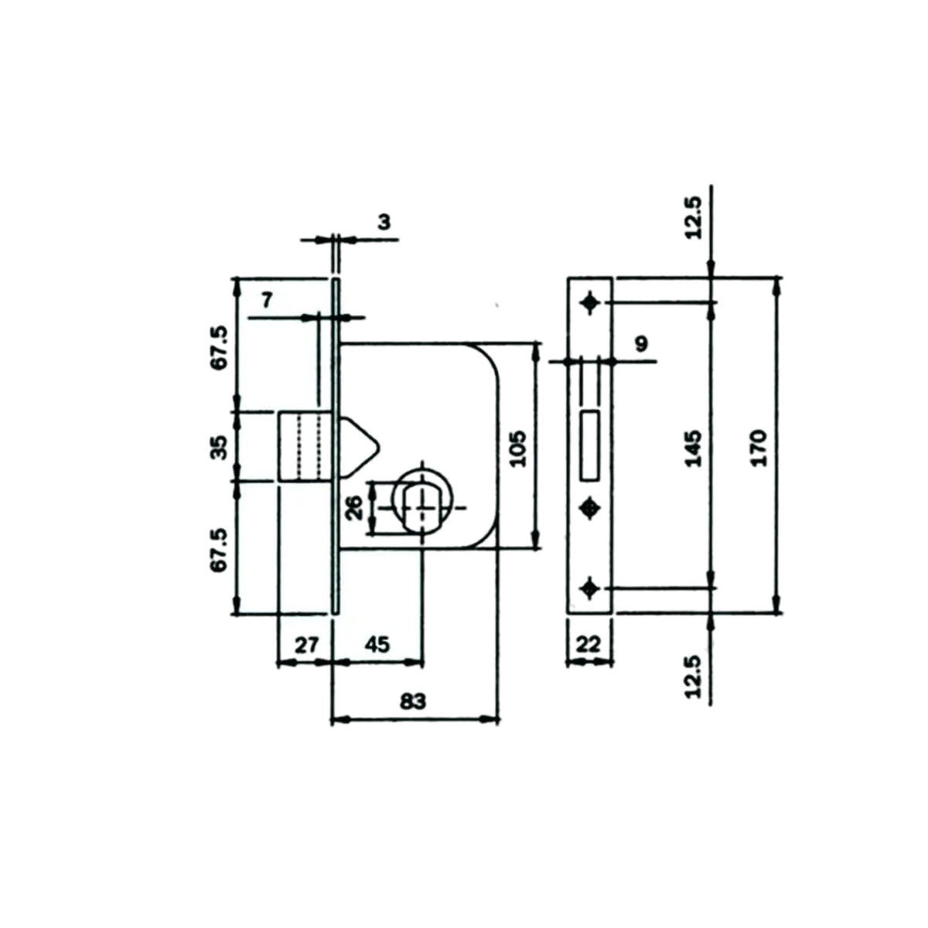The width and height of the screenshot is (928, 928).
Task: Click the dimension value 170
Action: click(x=759, y=448)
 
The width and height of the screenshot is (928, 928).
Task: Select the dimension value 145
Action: click(x=694, y=449)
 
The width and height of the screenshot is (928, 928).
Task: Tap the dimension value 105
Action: click(x=518, y=449)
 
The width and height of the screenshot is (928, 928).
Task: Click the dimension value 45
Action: click(x=377, y=645)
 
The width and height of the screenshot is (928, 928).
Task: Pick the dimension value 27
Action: click(x=306, y=645)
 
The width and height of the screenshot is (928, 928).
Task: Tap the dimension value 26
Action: click(x=355, y=507)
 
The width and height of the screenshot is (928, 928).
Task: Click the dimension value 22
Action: click(x=588, y=644)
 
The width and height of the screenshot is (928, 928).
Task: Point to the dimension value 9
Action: click(x=642, y=344)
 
